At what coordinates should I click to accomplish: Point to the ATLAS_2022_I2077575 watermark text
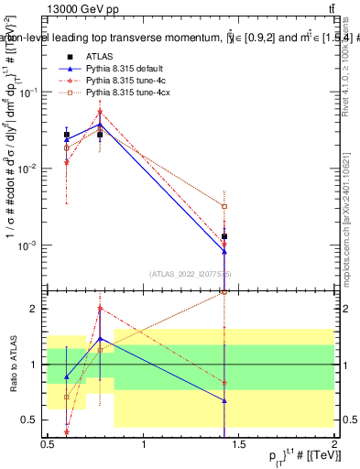pyautogui.click(x=191, y=273)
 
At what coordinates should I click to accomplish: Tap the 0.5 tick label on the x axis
pyautogui.click(x=48, y=443)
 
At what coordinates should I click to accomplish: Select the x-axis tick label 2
pyautogui.click(x=334, y=443)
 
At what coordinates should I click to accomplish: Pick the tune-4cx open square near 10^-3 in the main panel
pyautogui.click(x=224, y=207)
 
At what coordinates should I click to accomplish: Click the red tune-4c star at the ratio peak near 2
pyautogui.click(x=100, y=309)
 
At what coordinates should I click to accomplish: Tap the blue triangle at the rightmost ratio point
pyautogui.click(x=224, y=400)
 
